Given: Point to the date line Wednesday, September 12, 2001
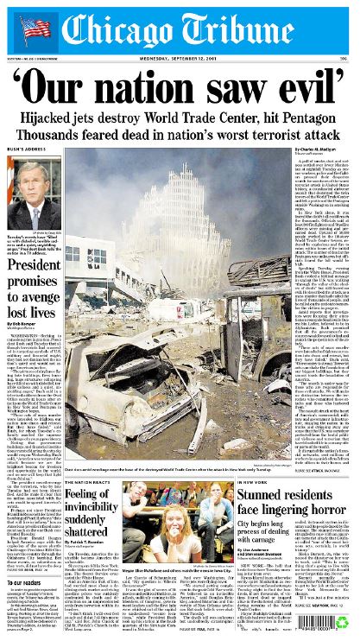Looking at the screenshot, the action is pos(180,59).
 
